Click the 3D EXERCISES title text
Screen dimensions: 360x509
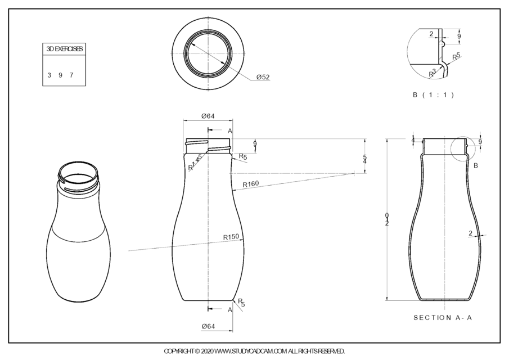point(65,49)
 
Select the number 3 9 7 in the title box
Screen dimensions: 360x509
point(61,75)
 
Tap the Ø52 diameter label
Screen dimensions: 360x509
point(263,77)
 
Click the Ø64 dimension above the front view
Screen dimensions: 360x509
point(208,116)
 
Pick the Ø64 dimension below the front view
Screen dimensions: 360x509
point(208,326)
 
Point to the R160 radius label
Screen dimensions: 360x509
point(251,184)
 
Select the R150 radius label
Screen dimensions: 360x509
point(231,237)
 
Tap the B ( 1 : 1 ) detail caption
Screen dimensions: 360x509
point(433,94)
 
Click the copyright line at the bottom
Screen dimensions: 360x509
point(254,351)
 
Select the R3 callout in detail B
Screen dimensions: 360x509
point(433,73)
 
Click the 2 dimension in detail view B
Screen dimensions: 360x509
point(431,34)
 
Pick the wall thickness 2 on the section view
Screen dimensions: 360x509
point(470,233)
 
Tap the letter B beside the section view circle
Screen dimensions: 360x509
point(475,165)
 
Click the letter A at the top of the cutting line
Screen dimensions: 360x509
point(230,130)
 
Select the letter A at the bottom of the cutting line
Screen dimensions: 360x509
point(230,309)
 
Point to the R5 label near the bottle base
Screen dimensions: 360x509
point(241,303)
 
